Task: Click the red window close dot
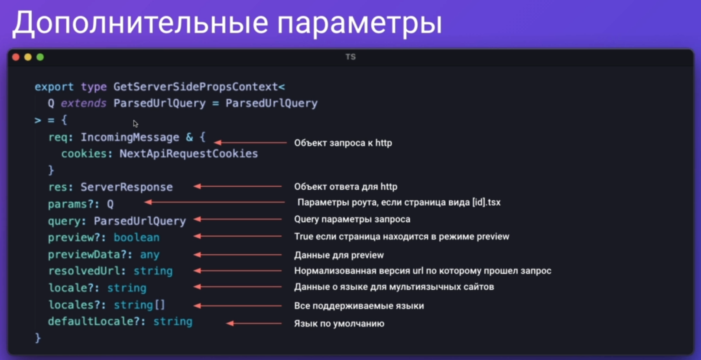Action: coord(16,57)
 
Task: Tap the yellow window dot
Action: coord(28,57)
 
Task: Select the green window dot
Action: coord(40,57)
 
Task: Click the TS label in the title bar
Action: coord(350,57)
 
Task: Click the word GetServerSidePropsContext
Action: coord(195,87)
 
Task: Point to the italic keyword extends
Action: coord(83,103)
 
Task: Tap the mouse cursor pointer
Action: coord(136,123)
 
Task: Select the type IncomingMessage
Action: coord(130,137)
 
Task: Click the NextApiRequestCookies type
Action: coord(189,154)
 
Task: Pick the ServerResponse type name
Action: coord(127,187)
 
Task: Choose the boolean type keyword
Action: coord(136,237)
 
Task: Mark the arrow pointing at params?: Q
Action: coord(214,202)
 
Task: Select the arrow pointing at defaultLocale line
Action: coord(254,323)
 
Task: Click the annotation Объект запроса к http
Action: coord(343,143)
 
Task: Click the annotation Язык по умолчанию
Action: coord(339,323)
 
